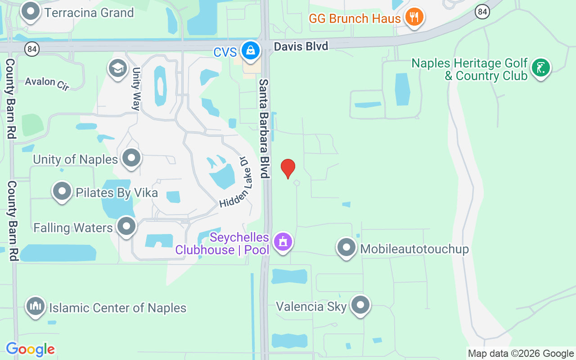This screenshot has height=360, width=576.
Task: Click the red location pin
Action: point(288,168)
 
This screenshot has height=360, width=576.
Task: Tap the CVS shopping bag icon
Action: point(250,50)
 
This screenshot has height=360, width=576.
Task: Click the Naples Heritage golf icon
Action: point(540,68)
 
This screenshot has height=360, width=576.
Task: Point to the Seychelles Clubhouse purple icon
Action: point(283,242)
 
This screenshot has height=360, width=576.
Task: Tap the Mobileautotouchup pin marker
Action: point(346,247)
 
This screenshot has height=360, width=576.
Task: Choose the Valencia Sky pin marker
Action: point(360,305)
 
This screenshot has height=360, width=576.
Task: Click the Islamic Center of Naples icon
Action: point(36,307)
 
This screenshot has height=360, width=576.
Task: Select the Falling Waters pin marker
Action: point(126,226)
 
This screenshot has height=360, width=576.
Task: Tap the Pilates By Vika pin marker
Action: point(62,192)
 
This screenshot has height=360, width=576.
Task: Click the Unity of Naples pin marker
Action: point(131,158)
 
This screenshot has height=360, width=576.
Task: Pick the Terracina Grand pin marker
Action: point(31,11)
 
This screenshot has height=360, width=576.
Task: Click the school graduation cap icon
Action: point(117,69)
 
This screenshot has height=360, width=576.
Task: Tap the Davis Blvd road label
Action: point(301,46)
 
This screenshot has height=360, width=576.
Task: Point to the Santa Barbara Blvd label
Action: point(264,128)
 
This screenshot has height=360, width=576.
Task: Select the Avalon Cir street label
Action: point(47,83)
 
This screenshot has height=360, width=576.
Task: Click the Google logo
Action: point(30,349)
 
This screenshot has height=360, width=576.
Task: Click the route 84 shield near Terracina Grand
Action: point(33,48)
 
